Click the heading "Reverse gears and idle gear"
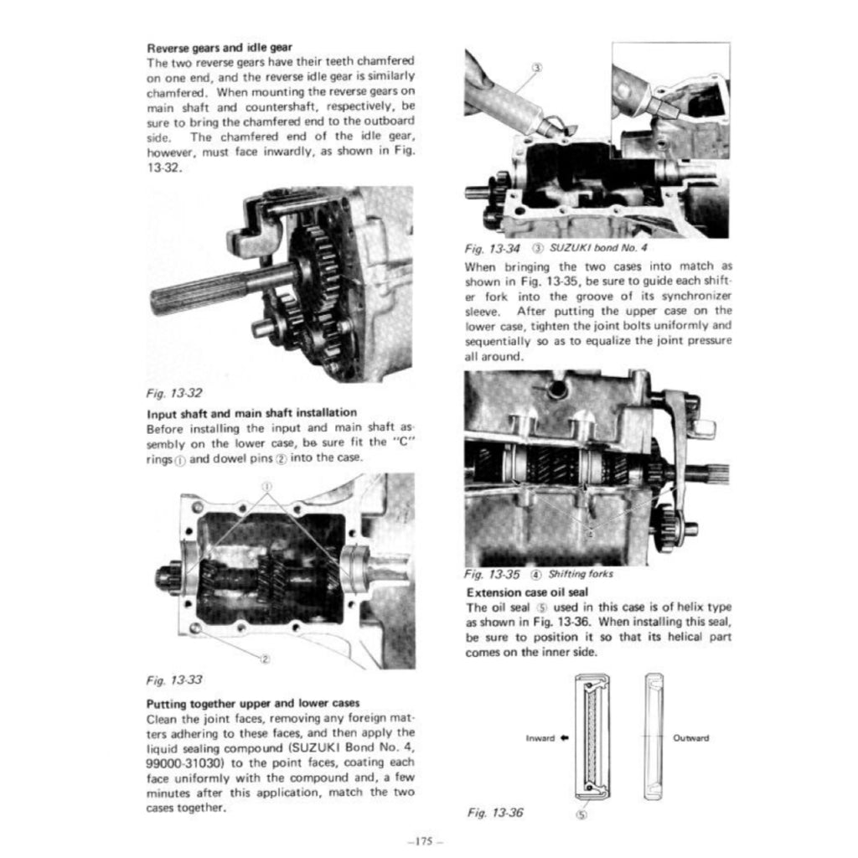220,48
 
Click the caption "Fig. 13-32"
173,391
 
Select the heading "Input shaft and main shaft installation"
251,412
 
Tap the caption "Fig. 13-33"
173,680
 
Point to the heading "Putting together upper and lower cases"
253,704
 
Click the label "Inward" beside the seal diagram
540,738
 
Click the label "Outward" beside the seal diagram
690,738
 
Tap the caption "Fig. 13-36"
494,812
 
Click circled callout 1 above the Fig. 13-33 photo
267,486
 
